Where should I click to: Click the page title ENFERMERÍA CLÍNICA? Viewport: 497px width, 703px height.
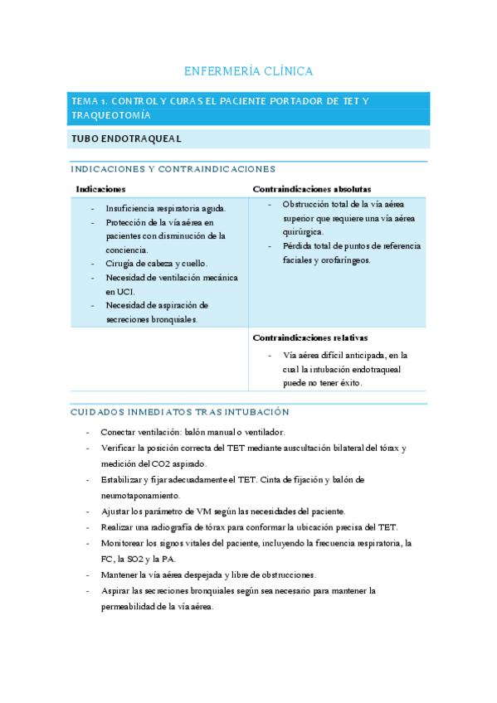[248, 71]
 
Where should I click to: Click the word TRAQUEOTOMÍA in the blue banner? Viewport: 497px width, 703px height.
[112, 115]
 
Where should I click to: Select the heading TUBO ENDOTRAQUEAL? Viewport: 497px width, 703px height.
[127, 138]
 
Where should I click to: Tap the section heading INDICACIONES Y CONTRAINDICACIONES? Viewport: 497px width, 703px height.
[173, 169]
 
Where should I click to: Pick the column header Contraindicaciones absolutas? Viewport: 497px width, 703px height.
[312, 189]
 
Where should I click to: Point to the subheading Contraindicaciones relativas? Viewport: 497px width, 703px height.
[310, 337]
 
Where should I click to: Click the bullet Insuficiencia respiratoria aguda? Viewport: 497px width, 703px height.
[165, 209]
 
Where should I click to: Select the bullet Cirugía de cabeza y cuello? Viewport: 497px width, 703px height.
[156, 264]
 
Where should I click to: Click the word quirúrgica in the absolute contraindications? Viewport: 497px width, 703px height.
[303, 232]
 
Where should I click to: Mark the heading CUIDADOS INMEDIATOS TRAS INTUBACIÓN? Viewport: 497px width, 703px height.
[179, 412]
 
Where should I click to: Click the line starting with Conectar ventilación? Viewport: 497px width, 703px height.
[192, 432]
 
